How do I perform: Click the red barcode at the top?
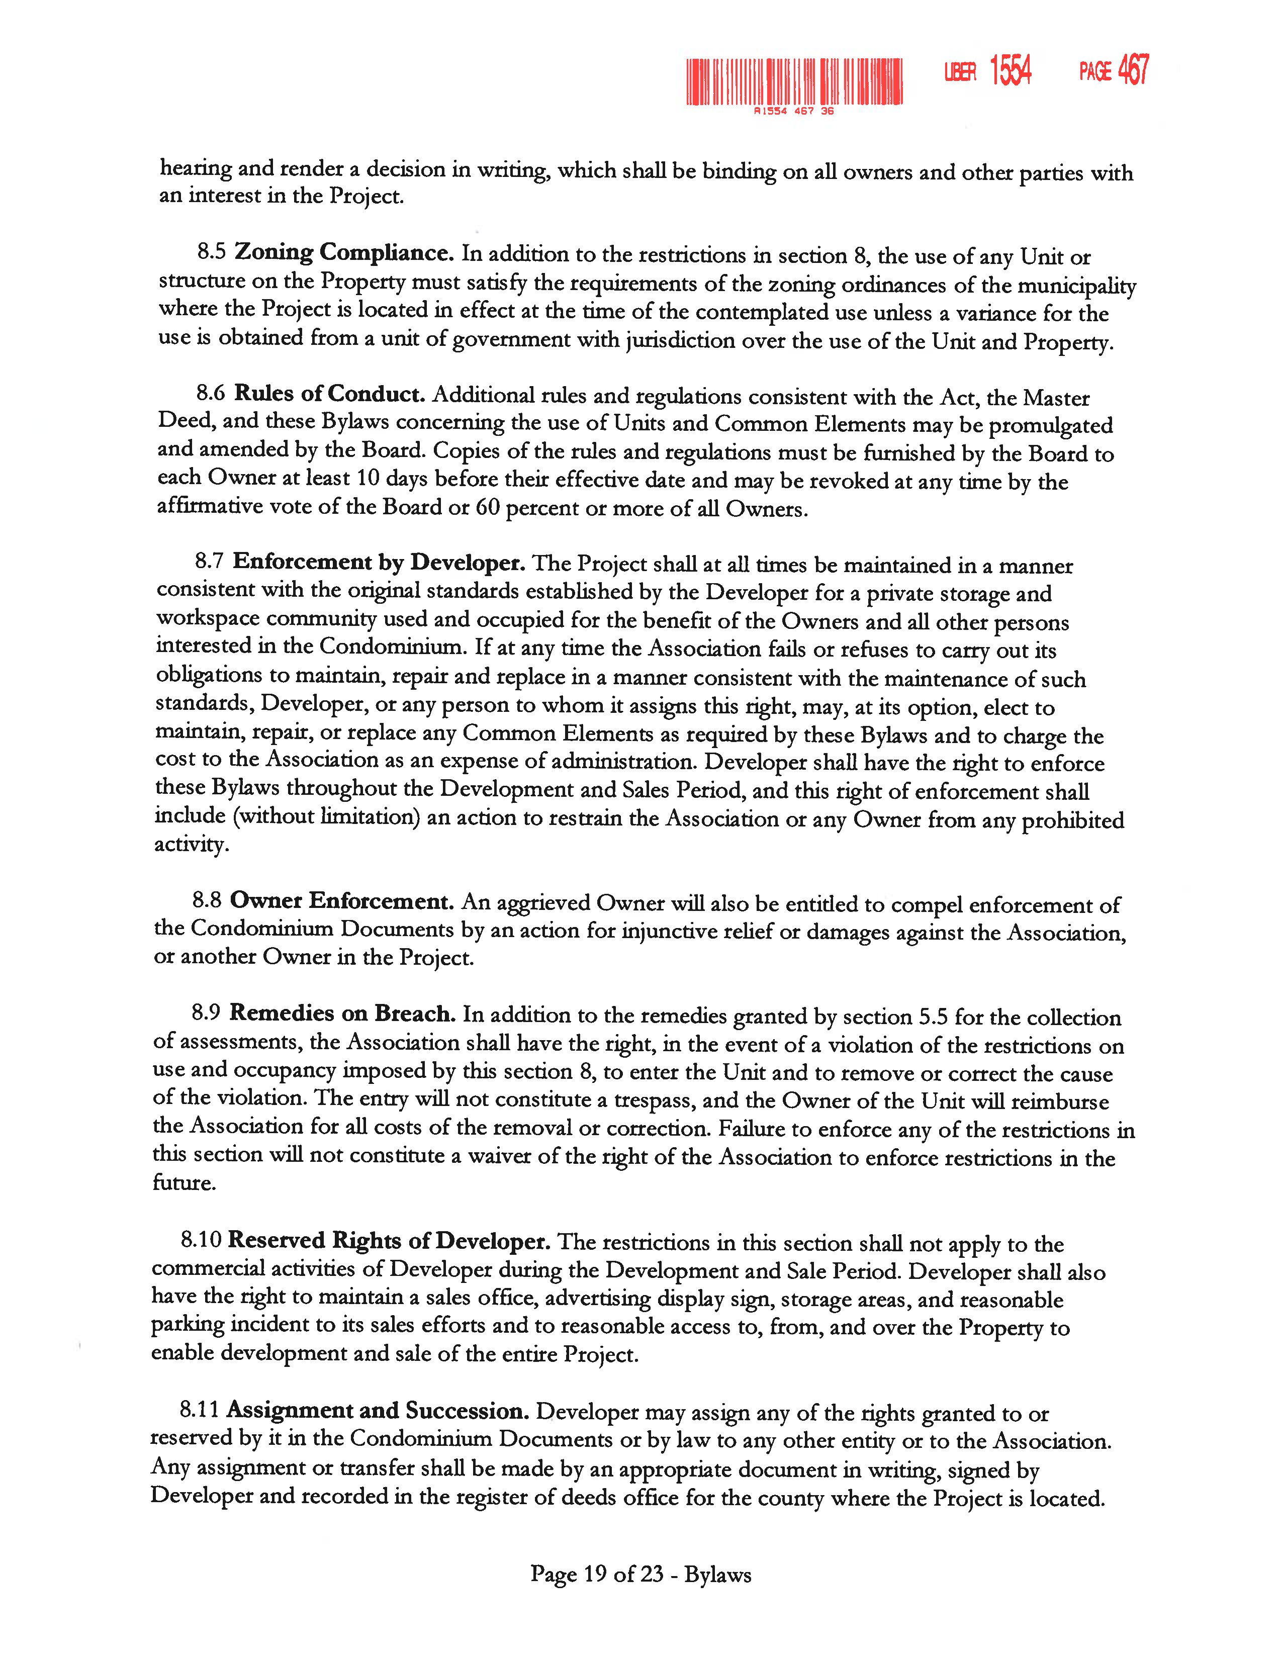794,81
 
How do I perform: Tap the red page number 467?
1133,70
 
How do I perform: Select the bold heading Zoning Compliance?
343,252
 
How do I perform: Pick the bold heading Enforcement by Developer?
378,562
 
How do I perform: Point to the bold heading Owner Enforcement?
342,901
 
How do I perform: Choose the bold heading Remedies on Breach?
342,1013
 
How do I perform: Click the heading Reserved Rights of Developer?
389,1240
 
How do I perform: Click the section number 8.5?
212,251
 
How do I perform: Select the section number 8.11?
199,1410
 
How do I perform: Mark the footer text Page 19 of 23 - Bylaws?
640,1574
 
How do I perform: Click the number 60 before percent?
488,507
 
